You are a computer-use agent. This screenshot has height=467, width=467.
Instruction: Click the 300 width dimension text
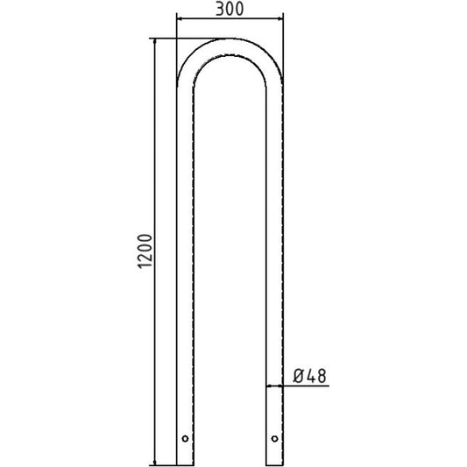230,9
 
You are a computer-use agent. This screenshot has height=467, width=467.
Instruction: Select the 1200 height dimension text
145,251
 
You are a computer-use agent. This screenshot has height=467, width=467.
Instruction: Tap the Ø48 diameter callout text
310,376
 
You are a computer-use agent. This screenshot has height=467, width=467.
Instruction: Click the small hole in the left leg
185,438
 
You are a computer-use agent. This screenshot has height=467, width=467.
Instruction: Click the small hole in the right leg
274,438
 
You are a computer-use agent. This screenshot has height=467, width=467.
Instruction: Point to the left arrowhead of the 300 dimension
180,19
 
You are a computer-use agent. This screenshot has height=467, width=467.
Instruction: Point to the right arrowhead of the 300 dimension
280,19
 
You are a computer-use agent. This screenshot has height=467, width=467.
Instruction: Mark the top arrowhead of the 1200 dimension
154,42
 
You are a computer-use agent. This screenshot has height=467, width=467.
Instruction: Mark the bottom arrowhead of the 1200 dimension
154,462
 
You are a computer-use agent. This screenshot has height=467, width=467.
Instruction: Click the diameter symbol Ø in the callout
299,376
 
